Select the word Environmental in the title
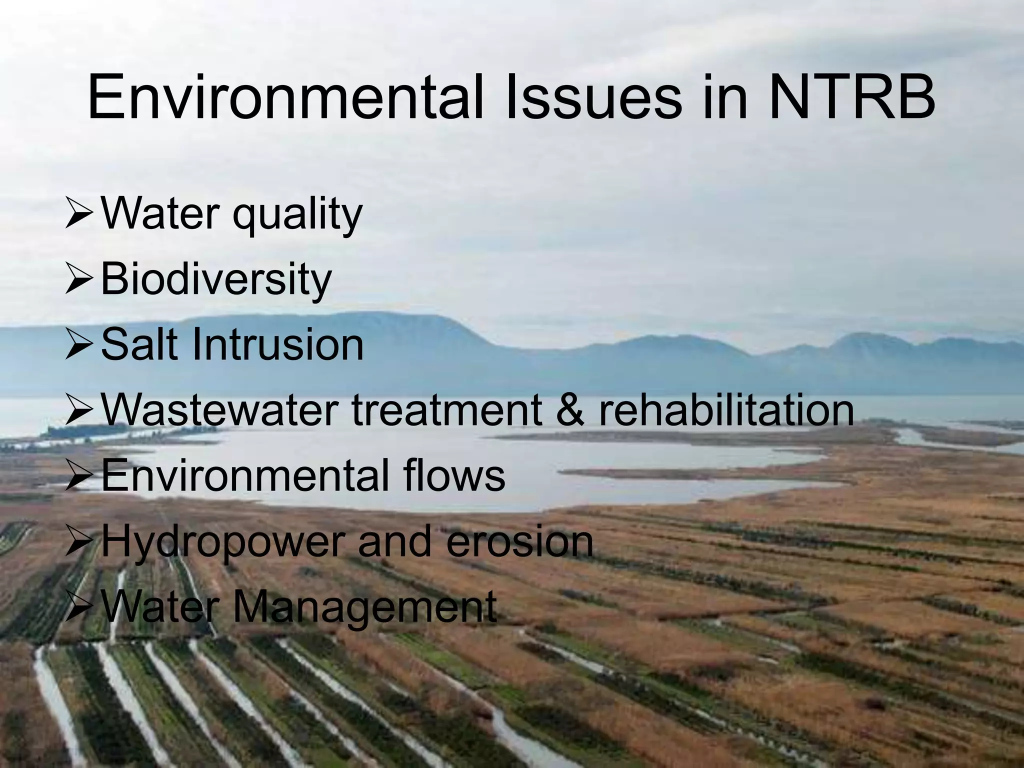285,97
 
